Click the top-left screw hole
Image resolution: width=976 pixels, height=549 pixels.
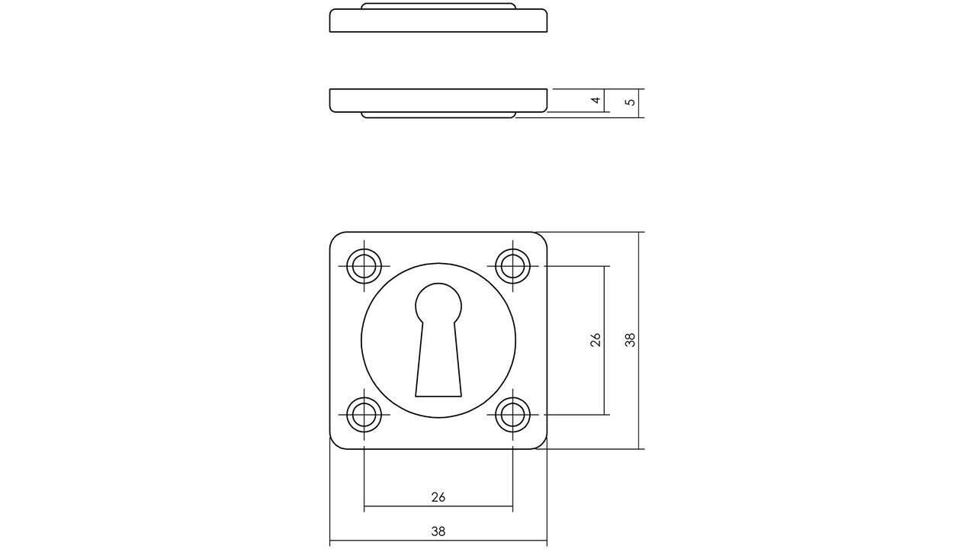coord(364,266)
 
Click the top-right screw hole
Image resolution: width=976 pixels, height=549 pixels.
coord(512,266)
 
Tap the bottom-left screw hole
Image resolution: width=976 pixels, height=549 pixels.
coord(364,415)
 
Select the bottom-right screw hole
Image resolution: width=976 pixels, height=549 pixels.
coord(512,415)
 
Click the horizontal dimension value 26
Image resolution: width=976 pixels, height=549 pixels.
coord(438,497)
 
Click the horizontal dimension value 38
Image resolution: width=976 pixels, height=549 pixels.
coord(438,531)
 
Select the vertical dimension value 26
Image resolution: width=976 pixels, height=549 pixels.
coord(596,340)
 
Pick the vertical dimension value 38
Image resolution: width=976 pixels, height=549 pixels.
coord(630,340)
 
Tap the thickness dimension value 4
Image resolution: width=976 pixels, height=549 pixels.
coord(596,100)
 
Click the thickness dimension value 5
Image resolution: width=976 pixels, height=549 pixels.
coord(630,101)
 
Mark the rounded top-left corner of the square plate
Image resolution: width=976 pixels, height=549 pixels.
coord(335,238)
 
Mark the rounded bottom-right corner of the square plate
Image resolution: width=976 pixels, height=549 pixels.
coord(541,443)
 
